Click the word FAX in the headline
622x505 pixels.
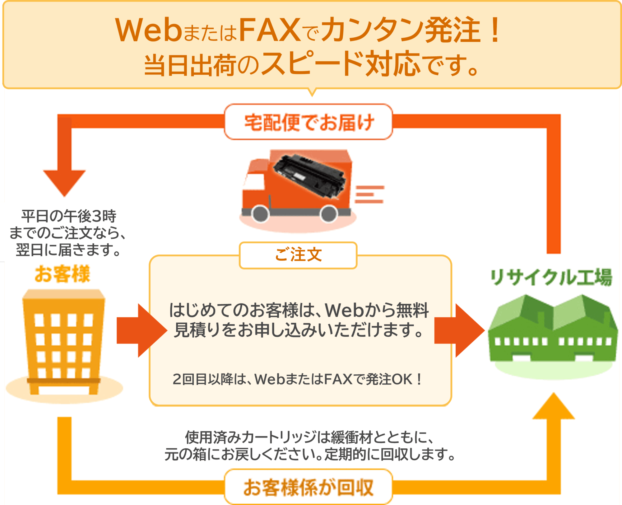tap(269, 30)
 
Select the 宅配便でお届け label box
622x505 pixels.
tap(309, 122)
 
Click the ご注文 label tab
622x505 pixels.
tap(298, 255)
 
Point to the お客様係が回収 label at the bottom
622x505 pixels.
tap(308, 487)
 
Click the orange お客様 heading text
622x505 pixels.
tap(63, 274)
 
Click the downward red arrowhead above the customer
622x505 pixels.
tap(64, 182)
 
